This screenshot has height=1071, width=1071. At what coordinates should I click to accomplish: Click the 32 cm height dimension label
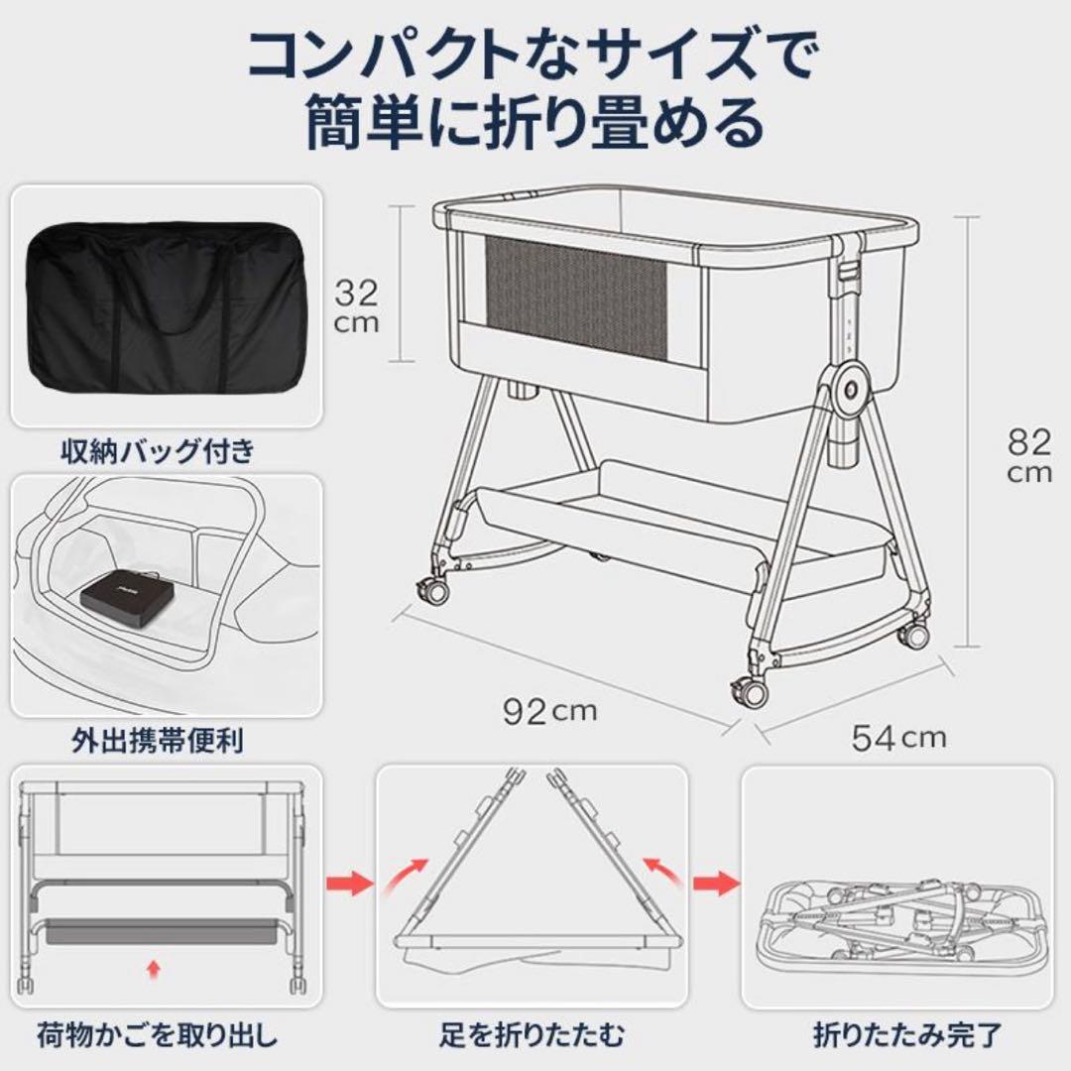[355, 305]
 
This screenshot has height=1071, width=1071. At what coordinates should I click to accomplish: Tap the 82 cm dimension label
[1028, 455]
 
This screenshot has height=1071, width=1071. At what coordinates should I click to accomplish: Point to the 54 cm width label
[898, 737]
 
